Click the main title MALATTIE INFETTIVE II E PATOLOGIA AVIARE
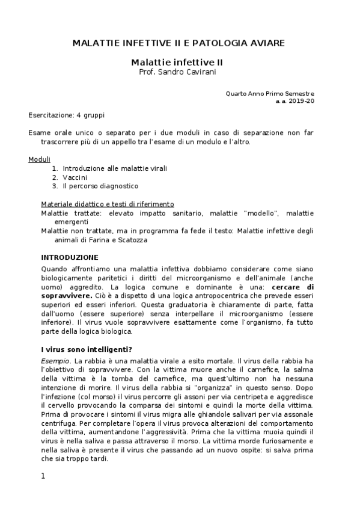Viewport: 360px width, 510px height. pos(178,43)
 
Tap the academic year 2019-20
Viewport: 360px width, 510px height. pos(302,101)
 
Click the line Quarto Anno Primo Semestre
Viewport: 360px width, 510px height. pos(269,94)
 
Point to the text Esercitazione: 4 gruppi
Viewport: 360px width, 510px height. pos(61,114)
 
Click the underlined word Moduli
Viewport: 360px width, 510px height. pos(39,159)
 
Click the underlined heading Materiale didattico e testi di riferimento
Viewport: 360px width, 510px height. pos(108,204)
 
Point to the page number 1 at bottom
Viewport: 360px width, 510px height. pos(43,477)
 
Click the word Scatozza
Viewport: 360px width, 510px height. pos(130,240)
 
